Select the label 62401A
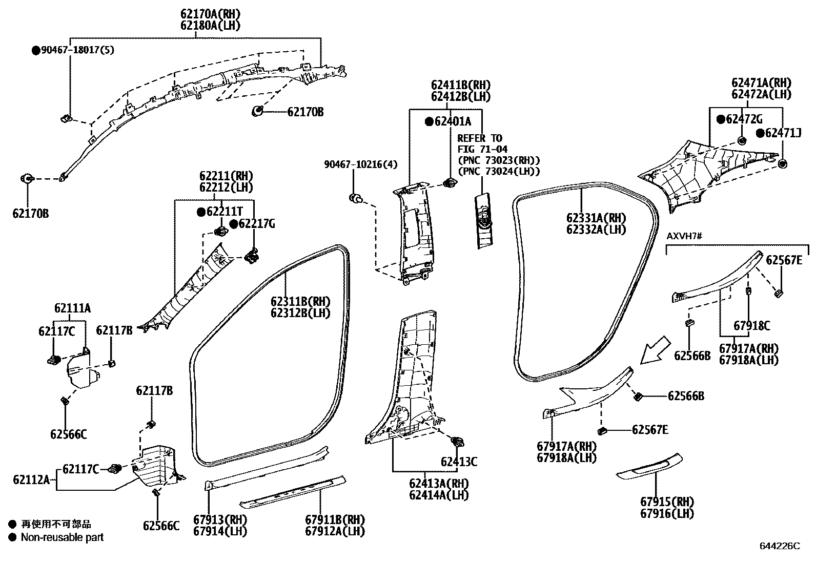[x=452, y=121]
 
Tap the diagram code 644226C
[x=780, y=546]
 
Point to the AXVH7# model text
[x=683, y=236]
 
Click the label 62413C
[x=459, y=462]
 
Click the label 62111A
[x=72, y=308]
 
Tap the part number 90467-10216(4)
[x=360, y=164]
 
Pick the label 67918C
[x=751, y=325]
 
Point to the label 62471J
[x=782, y=133]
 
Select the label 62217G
[x=256, y=223]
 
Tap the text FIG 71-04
[x=482, y=149]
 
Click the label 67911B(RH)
[x=335, y=519]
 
